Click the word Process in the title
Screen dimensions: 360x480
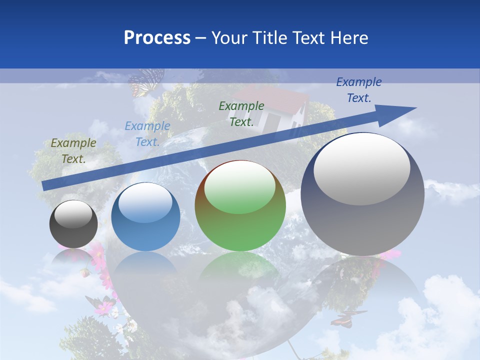[x=157, y=37]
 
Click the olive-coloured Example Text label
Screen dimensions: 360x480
[x=73, y=151]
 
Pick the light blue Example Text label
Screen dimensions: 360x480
[x=147, y=134]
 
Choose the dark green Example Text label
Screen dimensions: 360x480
[x=241, y=113]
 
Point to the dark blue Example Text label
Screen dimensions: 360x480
[x=358, y=90]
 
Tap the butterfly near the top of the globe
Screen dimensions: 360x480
[x=145, y=82]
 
